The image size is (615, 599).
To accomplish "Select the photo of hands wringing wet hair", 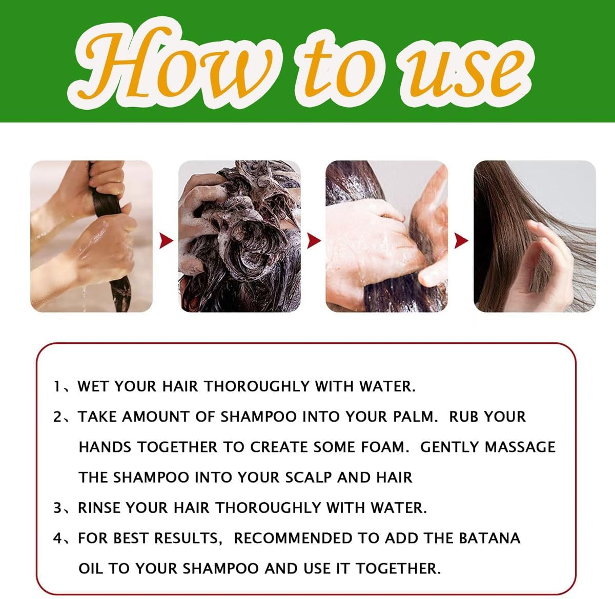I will (x=92, y=236).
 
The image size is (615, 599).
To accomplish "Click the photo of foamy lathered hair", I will (x=239, y=236).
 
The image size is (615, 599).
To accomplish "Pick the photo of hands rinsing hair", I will (x=387, y=236).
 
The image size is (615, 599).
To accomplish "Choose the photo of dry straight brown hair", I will (x=535, y=236).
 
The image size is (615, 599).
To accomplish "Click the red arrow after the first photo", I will (x=166, y=240).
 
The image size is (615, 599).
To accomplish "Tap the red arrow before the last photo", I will (x=461, y=240).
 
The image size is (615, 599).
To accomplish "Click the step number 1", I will (x=57, y=386).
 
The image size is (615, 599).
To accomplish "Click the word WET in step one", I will (x=93, y=386).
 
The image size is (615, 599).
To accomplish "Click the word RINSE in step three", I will (x=99, y=508).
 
